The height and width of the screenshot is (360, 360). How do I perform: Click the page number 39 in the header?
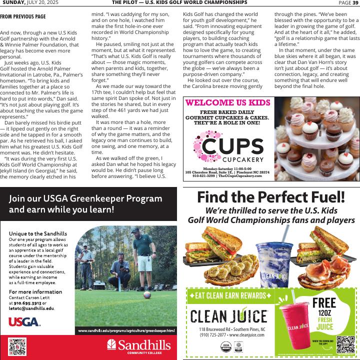[355, 2]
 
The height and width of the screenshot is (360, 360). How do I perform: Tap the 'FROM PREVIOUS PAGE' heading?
[23, 16]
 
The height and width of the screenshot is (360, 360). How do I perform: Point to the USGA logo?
[24, 321]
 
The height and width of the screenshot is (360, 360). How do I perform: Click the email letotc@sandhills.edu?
[31, 308]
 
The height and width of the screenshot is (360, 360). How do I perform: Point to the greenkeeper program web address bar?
[126, 330]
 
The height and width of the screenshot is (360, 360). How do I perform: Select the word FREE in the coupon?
[324, 302]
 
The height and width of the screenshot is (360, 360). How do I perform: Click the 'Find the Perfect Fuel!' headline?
[271, 197]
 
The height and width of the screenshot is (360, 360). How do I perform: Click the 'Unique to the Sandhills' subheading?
[37, 233]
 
